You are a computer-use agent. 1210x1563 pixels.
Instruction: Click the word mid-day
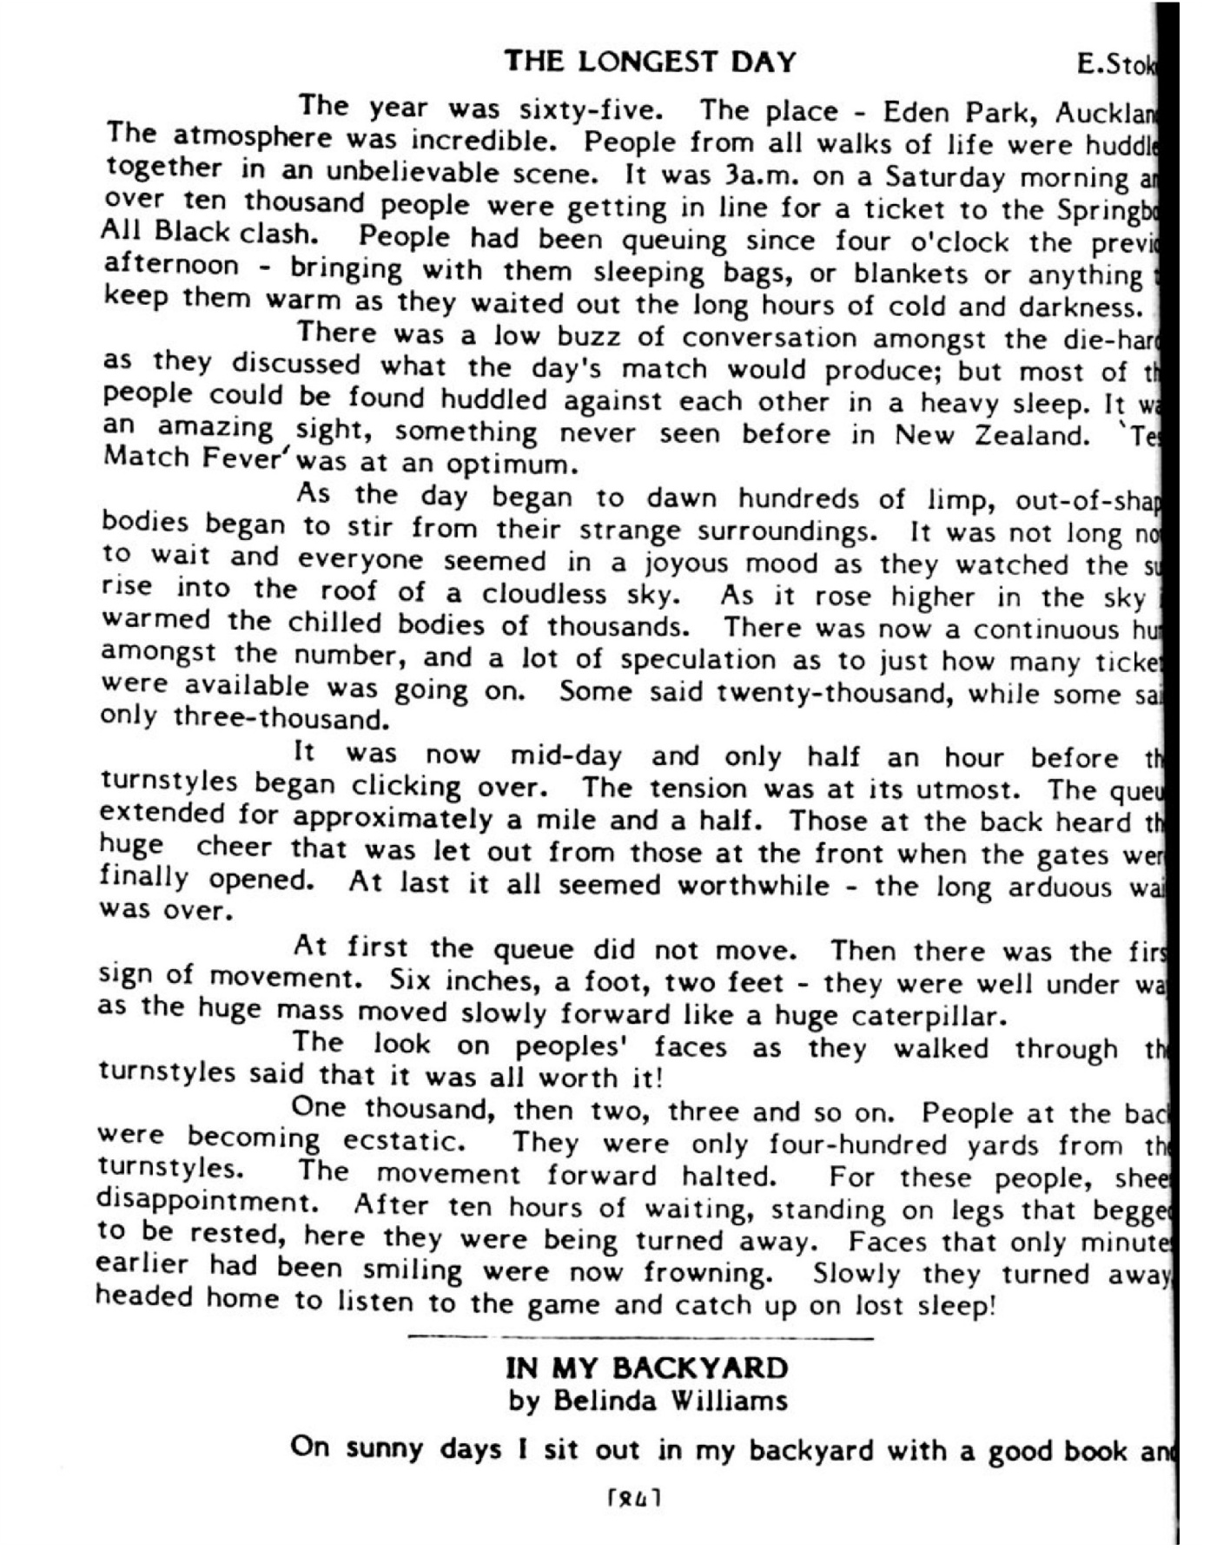pos(565,755)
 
